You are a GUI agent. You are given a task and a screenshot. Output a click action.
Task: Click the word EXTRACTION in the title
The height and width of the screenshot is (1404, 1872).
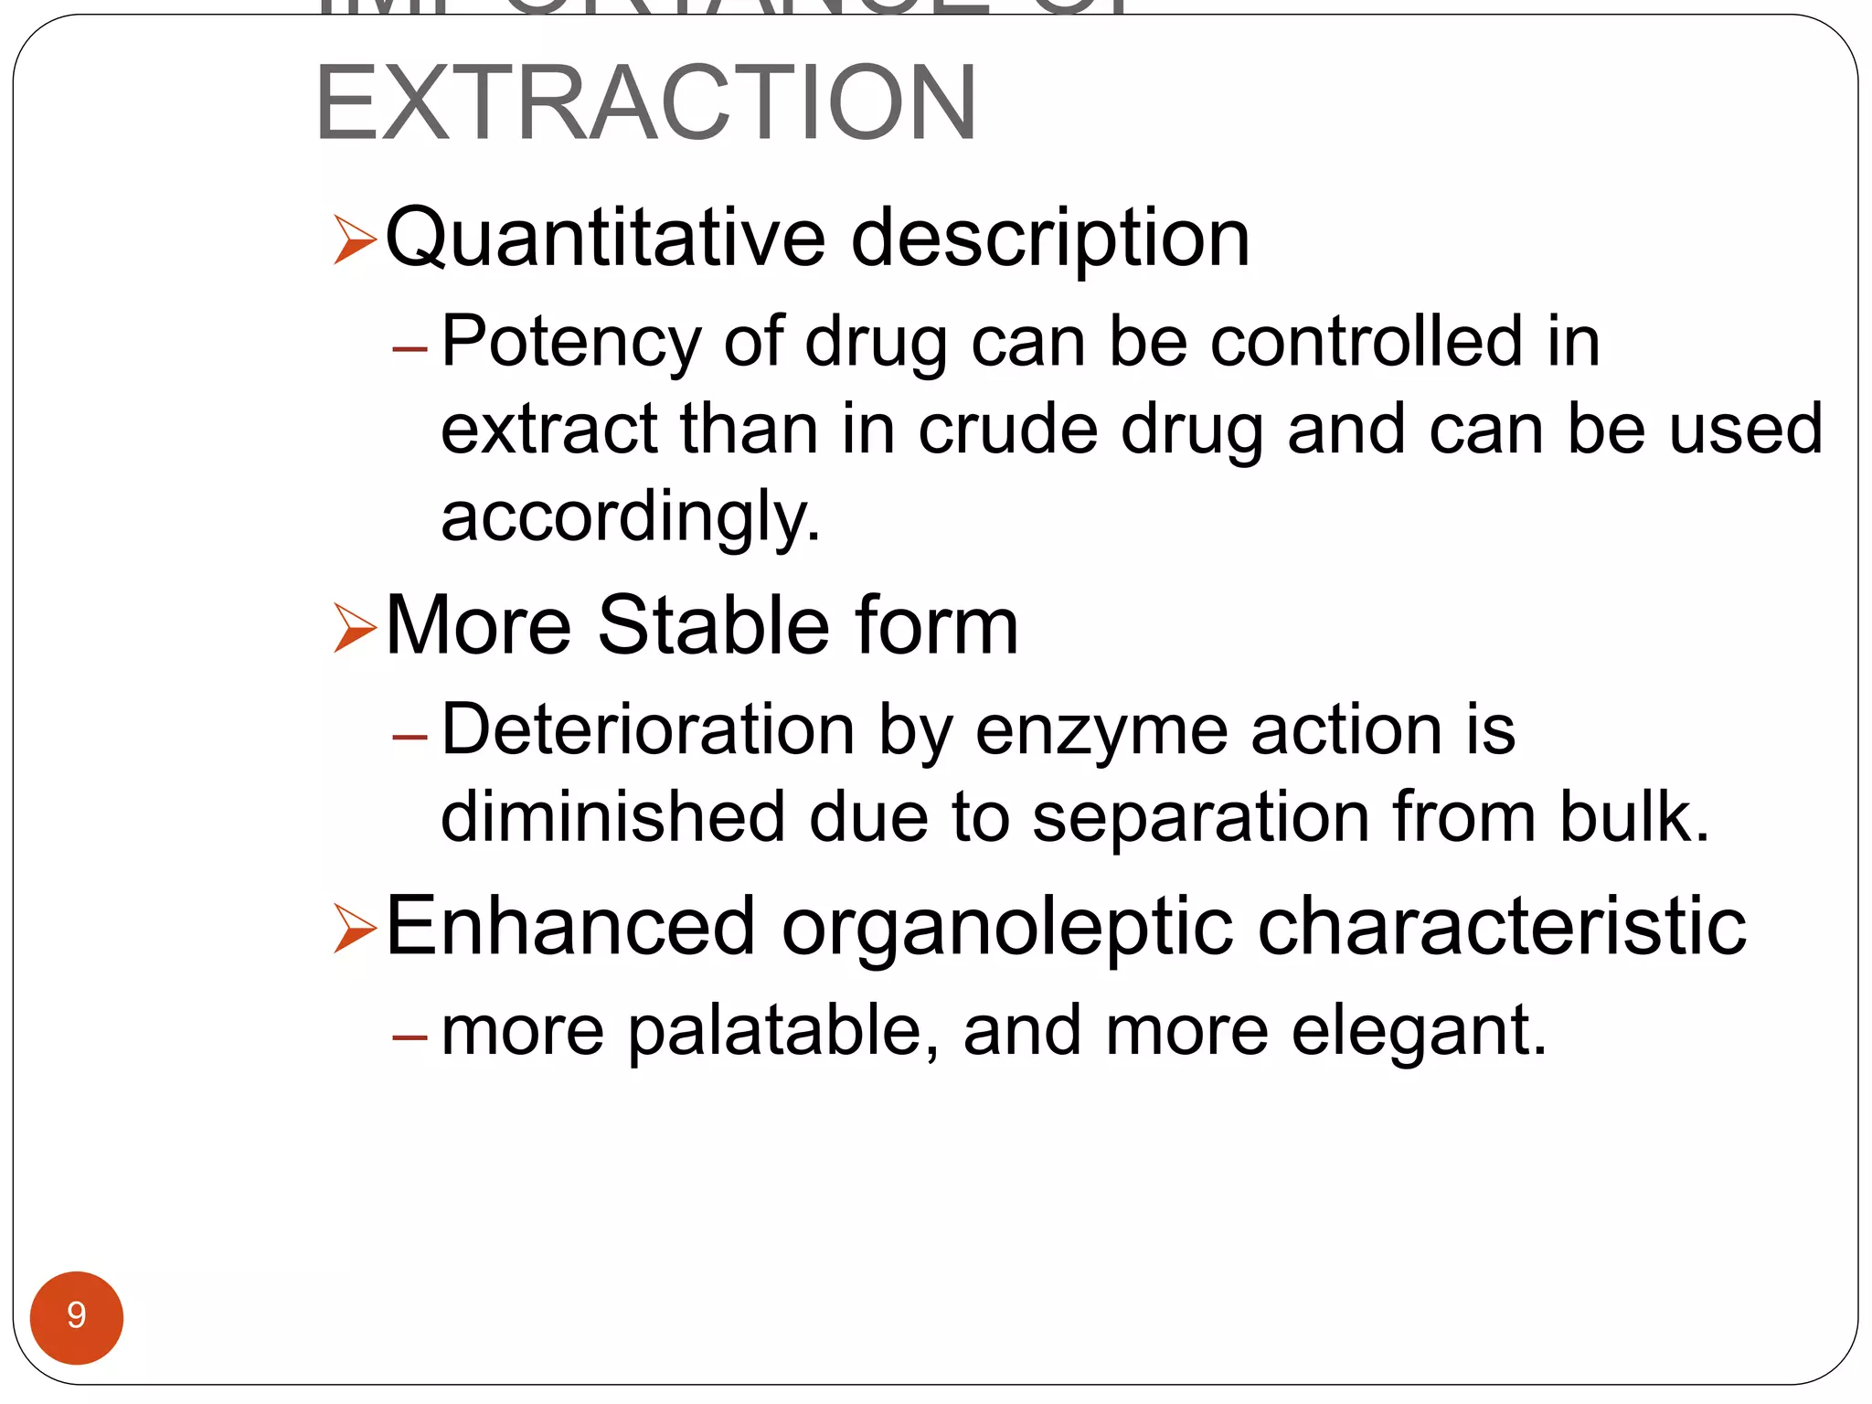click(x=646, y=102)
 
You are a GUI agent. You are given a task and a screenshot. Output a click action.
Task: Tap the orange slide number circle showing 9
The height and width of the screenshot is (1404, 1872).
click(x=77, y=1317)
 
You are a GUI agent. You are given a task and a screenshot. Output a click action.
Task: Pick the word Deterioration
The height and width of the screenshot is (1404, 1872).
click(x=648, y=729)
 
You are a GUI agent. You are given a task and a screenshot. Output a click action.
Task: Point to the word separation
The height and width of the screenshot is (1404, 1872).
click(x=1200, y=817)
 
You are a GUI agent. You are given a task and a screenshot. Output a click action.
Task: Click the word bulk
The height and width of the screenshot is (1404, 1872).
click(x=1633, y=815)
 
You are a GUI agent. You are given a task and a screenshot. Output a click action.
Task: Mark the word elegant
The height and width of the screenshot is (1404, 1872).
click(x=1418, y=1031)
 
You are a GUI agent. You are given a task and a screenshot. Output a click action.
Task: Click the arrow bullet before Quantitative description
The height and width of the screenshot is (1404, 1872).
click(x=355, y=239)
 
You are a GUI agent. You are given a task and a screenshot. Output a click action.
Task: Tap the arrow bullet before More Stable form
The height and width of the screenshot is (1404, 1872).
click(x=355, y=628)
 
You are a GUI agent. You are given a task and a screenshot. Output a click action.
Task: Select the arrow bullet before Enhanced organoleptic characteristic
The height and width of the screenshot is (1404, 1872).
click(x=355, y=929)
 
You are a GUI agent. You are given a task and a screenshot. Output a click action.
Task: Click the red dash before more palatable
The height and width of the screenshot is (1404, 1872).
click(x=409, y=1037)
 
